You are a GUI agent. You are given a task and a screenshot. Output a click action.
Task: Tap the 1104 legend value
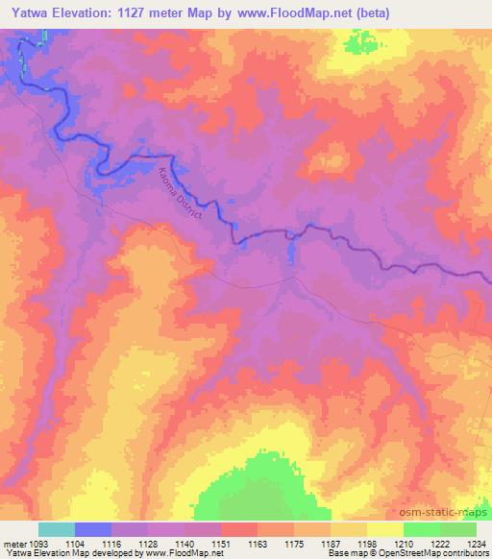[92, 543]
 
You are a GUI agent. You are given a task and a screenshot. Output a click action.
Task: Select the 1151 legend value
[219, 543]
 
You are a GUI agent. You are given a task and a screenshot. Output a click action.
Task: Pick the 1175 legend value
[293, 543]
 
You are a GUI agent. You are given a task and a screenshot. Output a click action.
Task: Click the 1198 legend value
[366, 543]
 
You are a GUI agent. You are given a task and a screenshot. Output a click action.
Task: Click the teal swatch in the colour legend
[57, 529]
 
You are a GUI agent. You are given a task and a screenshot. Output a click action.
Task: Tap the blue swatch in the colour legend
[93, 529]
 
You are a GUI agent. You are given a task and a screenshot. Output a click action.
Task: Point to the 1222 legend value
[439, 543]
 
